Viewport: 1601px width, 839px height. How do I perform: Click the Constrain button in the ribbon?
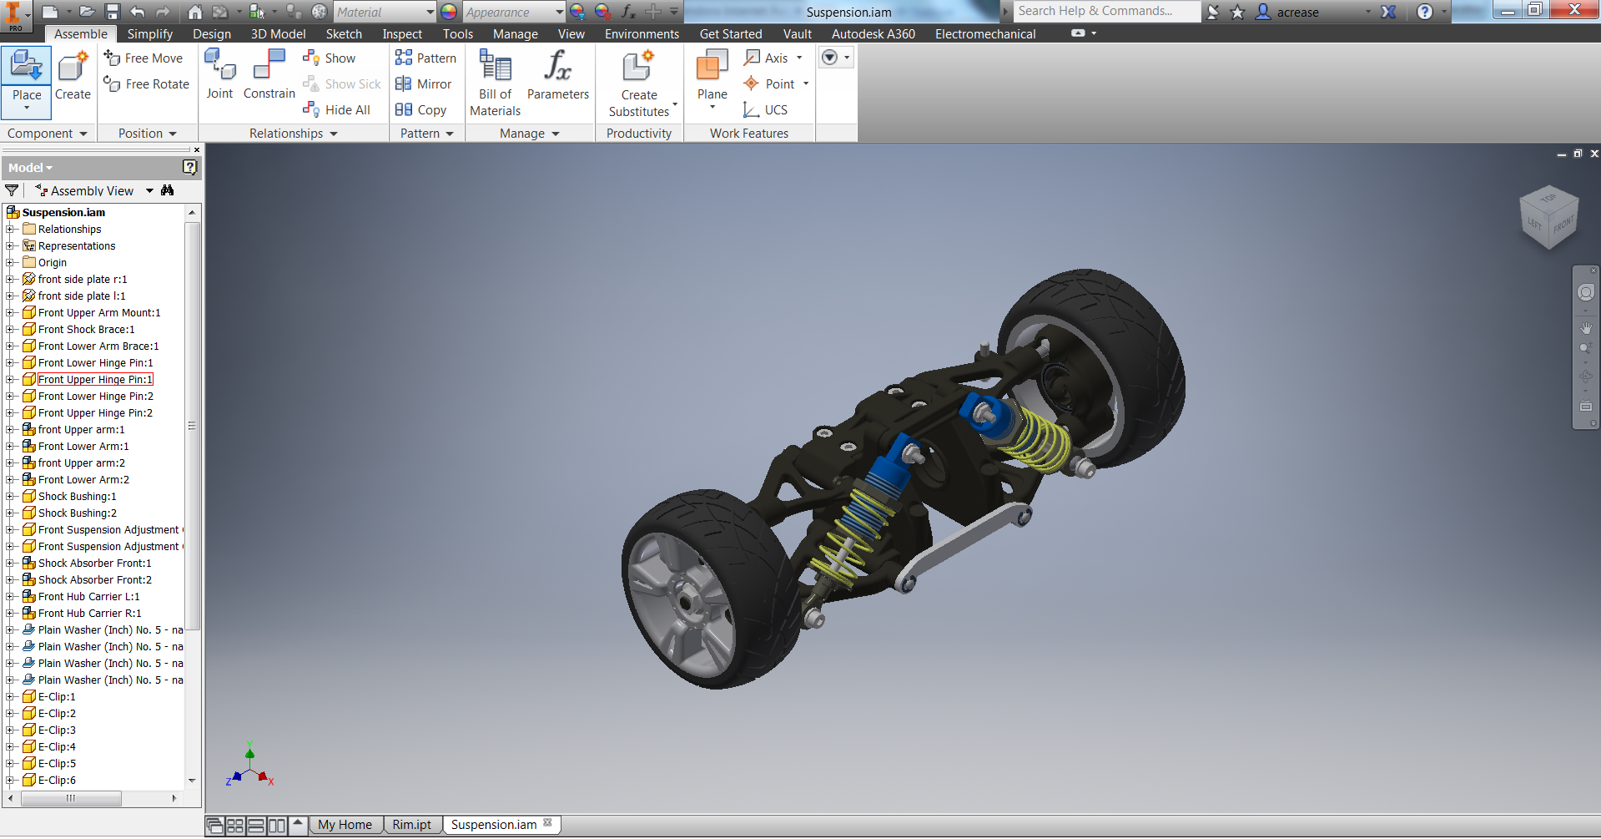[x=269, y=74]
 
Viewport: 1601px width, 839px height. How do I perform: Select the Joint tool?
[x=219, y=74]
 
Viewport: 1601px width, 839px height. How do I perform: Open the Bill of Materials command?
[x=495, y=82]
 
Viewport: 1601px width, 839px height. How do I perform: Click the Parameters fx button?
[x=557, y=74]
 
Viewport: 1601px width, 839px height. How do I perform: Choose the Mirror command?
[x=424, y=84]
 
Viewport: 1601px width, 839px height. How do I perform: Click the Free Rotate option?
[x=147, y=84]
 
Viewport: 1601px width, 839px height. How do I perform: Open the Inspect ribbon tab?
[x=402, y=34]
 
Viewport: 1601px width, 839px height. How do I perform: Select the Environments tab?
[x=642, y=34]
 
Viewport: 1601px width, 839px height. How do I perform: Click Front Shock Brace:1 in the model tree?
[x=86, y=330]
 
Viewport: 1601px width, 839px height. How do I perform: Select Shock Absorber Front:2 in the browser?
[x=94, y=580]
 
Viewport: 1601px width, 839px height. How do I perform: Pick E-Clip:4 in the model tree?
[x=57, y=747]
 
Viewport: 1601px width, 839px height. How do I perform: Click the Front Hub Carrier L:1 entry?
[x=88, y=597]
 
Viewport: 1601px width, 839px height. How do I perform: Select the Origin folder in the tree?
[x=52, y=263]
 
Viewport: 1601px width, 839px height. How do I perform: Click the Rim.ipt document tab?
[x=411, y=825]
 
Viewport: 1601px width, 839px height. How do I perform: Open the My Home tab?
[x=345, y=825]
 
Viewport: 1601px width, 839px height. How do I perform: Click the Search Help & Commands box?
[x=1105, y=12]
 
